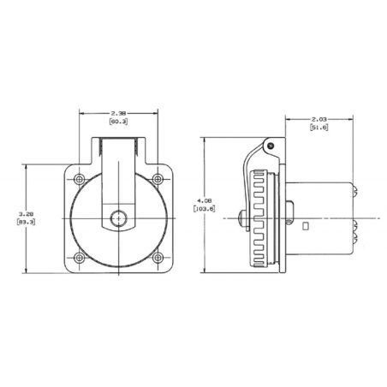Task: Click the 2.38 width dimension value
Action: (118, 113)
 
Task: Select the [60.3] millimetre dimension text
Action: (118, 122)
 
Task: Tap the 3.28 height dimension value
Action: (27, 213)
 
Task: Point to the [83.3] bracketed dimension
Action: (27, 222)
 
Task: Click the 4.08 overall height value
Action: (205, 200)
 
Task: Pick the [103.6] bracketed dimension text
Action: (205, 209)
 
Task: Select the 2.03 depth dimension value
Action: (319, 119)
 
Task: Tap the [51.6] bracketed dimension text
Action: (319, 128)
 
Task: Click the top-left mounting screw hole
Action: (79, 179)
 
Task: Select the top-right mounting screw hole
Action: (158, 179)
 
